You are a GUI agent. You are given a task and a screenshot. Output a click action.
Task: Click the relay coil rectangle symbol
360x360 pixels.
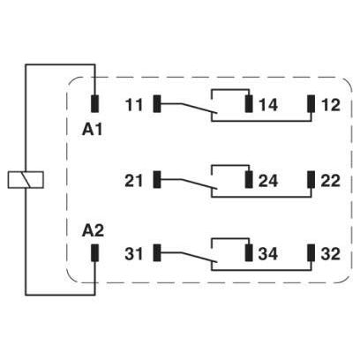26,179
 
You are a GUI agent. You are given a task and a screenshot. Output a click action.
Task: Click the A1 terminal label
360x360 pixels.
93,130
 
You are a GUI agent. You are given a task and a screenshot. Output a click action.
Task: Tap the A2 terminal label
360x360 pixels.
93,231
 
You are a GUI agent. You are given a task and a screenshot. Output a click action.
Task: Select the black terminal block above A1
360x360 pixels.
94,104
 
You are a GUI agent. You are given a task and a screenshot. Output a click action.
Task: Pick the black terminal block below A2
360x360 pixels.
94,252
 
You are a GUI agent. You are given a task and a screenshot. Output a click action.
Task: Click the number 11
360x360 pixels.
134,105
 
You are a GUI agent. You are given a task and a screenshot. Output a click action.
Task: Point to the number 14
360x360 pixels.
268,105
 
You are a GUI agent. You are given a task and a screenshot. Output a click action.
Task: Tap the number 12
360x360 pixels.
331,105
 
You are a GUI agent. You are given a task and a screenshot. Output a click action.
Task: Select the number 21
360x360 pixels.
133,181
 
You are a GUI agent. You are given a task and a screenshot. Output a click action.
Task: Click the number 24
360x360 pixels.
268,181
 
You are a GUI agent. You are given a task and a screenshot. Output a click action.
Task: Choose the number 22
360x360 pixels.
331,181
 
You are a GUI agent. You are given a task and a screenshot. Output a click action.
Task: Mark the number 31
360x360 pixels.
133,253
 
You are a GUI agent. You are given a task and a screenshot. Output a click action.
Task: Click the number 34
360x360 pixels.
268,253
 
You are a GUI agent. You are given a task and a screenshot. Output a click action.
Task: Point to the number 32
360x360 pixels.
331,253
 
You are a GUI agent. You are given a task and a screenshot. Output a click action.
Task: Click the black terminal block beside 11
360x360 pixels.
157,104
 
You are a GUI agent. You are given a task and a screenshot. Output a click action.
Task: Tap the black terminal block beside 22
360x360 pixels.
311,179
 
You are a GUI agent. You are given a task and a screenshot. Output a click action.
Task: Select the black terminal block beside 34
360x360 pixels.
249,252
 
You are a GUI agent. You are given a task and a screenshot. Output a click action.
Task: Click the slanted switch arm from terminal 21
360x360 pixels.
199,184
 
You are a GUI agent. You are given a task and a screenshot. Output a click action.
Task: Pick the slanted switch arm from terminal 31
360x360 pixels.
199,257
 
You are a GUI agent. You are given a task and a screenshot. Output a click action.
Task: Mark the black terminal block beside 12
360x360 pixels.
311,104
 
